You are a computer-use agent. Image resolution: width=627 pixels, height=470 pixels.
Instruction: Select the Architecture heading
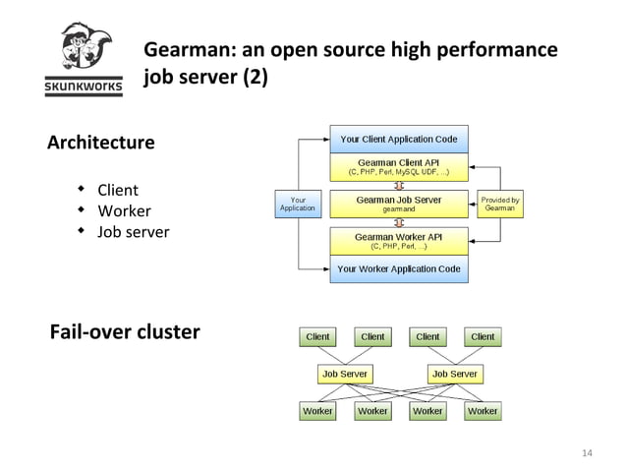tap(100, 143)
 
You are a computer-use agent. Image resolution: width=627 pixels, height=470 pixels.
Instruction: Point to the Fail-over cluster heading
tap(124, 331)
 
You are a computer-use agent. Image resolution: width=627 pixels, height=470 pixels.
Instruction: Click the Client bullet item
tap(117, 190)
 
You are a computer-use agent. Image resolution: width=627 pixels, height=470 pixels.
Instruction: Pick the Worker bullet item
tap(123, 211)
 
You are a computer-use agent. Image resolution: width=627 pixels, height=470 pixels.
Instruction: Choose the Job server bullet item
tap(133, 233)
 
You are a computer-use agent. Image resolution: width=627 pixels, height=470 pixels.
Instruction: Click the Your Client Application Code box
tap(399, 140)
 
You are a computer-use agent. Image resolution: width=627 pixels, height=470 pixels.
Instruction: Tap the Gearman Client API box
tap(399, 166)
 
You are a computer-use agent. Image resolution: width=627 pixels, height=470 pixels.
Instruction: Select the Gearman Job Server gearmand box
tap(399, 204)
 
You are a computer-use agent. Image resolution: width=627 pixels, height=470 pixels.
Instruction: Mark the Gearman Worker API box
tap(399, 241)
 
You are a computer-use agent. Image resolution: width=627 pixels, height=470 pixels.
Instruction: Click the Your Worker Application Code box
tap(399, 268)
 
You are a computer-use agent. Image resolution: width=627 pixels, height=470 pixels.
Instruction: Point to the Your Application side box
tap(298, 204)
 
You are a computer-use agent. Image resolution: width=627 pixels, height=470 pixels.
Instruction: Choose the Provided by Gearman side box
tap(500, 204)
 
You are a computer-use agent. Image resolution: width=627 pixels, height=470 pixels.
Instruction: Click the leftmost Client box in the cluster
tap(317, 336)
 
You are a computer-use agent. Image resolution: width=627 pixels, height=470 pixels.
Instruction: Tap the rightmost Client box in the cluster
tap(483, 336)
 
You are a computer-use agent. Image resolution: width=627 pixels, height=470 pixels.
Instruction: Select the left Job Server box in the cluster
tap(345, 374)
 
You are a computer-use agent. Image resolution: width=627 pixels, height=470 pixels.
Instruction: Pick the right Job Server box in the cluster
tap(455, 374)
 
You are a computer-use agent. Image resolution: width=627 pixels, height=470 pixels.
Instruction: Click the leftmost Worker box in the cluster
tap(317, 411)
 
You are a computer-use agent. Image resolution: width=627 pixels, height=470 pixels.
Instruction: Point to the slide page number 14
tap(588, 452)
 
